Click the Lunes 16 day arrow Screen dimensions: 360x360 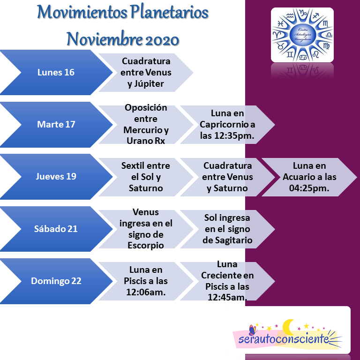point(56,73)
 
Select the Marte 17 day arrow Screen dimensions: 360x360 point(56,125)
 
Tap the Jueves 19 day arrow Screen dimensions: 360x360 point(56,177)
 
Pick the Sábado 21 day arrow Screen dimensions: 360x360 point(56,229)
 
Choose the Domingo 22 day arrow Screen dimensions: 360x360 point(56,281)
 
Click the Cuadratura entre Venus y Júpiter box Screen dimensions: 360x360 point(146,73)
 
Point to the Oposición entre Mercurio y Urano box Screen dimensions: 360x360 point(146,125)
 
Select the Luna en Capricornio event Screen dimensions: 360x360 point(227,125)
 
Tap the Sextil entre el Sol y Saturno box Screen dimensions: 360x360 point(146,177)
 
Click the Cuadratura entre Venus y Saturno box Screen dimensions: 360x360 point(227,177)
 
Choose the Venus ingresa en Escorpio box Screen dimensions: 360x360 point(146,229)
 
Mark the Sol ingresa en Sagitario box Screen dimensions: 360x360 point(227,229)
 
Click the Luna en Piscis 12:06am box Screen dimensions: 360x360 point(146,281)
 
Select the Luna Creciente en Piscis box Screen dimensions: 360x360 point(227,281)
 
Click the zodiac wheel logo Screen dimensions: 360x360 point(302,35)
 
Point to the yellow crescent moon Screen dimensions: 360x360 point(289,326)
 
